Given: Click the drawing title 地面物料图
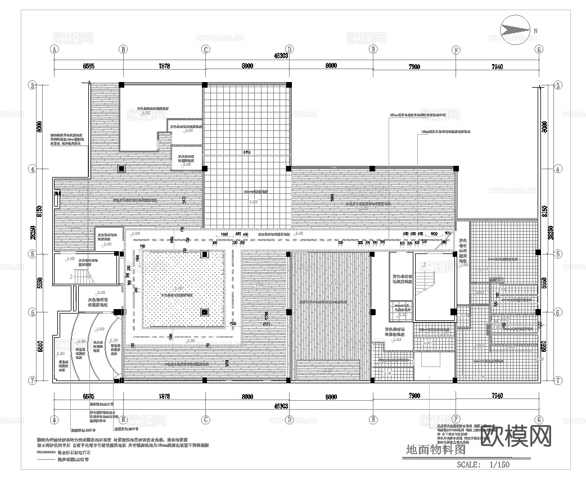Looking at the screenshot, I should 436,450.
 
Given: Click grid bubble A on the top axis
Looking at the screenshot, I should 55,49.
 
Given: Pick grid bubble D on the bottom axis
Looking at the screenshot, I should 289,419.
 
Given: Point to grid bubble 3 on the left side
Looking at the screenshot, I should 33,85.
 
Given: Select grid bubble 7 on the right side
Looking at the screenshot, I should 557,380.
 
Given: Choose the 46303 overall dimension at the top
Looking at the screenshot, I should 281,56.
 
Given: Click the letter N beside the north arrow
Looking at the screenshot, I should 536,31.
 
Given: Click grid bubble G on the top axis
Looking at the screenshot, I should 539,49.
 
